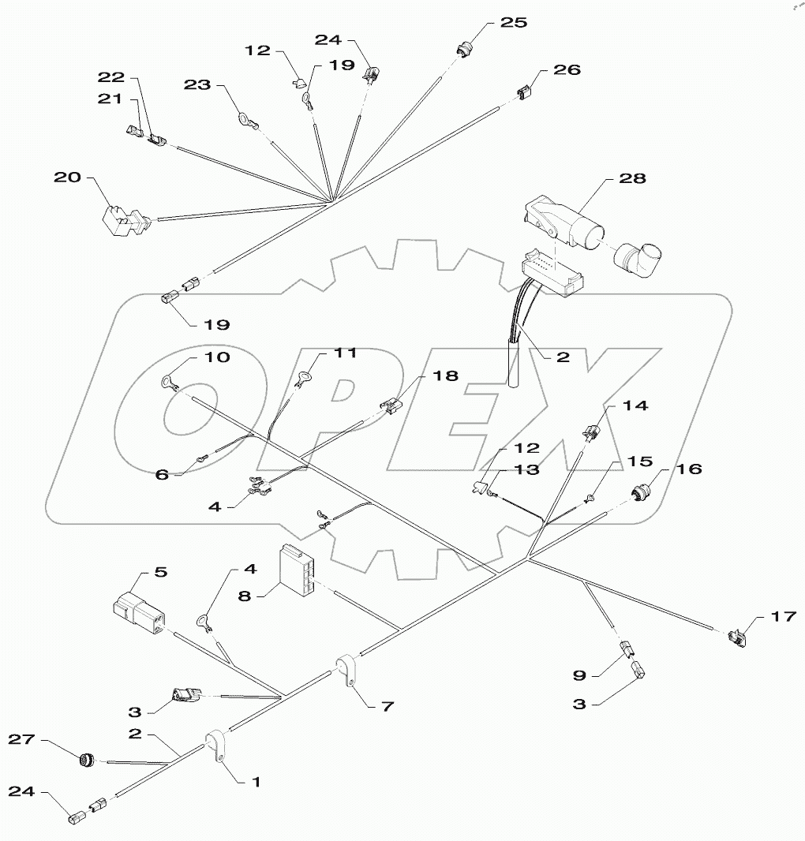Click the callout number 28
632,178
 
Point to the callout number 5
159,573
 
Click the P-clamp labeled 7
346,670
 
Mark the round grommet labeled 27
85,760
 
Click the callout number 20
68,177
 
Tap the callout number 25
514,22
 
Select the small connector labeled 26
522,94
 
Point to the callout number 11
344,353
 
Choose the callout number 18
446,376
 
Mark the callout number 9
578,675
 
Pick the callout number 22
111,77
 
